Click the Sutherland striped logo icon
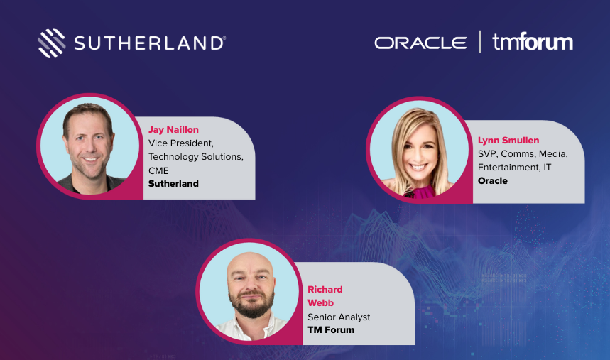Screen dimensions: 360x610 click(51, 43)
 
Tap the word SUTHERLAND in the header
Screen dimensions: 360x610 click(151, 43)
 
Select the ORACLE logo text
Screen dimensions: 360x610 click(420, 43)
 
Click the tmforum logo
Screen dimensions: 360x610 click(533, 42)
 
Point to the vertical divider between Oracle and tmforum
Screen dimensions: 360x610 click(480, 42)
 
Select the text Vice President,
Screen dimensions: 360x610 click(181, 143)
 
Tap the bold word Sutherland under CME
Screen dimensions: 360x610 click(173, 184)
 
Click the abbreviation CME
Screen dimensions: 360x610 click(159, 170)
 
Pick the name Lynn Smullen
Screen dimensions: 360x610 click(508, 141)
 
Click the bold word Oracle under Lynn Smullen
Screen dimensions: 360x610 click(493, 181)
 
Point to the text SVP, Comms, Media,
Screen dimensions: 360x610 click(523, 154)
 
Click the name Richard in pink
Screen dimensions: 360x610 click(325, 290)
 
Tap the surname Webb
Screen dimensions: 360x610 click(321, 303)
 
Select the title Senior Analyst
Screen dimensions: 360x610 click(339, 317)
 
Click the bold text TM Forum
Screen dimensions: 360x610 click(331, 330)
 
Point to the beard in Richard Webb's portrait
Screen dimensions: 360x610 click(249, 307)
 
